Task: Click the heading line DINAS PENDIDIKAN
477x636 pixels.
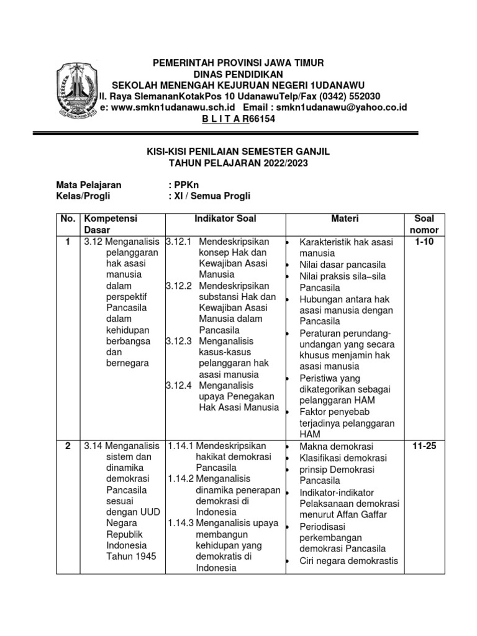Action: click(x=238, y=74)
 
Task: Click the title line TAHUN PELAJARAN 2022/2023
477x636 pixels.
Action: click(x=238, y=163)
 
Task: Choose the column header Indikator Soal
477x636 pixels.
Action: click(x=225, y=219)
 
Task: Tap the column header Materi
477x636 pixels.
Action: click(x=344, y=219)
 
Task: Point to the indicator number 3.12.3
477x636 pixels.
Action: click(x=178, y=341)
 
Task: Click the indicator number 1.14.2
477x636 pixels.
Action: click(x=181, y=479)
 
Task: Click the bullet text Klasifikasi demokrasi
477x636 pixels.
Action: click(x=343, y=458)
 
